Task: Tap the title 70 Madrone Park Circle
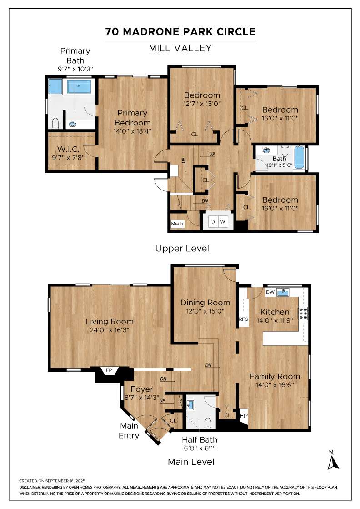180,31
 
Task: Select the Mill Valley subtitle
180,48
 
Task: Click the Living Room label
110,322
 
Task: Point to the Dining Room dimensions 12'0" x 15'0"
205,312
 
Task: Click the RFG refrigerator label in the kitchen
244,319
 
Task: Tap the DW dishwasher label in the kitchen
270,292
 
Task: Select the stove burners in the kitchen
303,313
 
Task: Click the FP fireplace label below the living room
109,370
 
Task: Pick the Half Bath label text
200,439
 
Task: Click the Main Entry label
129,431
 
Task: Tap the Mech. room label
177,224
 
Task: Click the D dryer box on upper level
212,222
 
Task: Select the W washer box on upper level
223,222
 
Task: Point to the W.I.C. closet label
69,149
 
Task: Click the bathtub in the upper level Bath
299,158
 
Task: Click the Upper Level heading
182,249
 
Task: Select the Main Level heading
191,462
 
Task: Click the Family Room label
275,376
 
